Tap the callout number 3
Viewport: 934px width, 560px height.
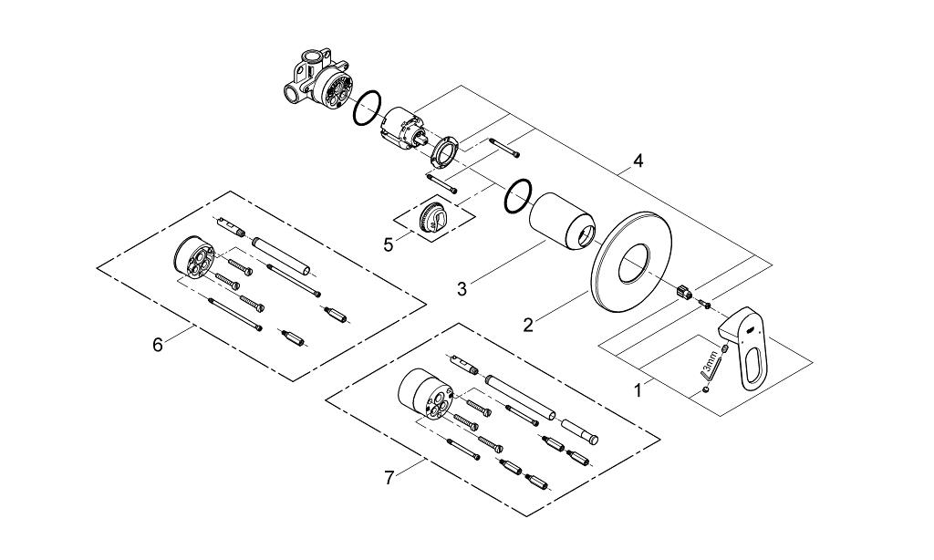tap(462, 290)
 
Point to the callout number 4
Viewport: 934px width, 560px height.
tap(638, 161)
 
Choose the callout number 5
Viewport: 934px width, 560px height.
tap(388, 244)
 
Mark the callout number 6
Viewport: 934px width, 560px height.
tap(157, 345)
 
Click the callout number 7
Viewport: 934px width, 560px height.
tap(389, 478)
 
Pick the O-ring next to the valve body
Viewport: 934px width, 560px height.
tap(367, 109)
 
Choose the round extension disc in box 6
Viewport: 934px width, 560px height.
tap(192, 259)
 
